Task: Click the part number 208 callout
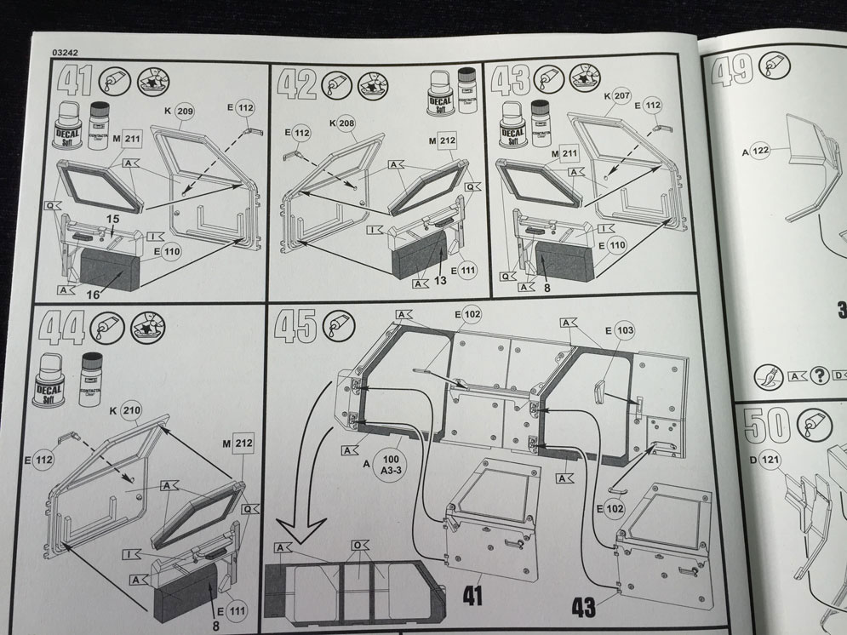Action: (346, 123)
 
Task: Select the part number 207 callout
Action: (621, 96)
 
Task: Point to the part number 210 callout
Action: (131, 411)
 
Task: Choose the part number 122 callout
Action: (760, 151)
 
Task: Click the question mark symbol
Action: (821, 374)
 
